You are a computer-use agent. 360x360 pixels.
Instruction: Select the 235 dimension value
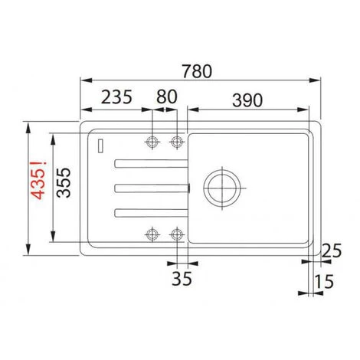[116, 97]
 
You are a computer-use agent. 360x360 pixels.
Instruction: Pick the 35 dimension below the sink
[182, 277]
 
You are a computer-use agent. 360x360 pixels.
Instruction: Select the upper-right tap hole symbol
[178, 142]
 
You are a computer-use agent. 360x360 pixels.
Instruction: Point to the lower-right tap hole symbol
[178, 233]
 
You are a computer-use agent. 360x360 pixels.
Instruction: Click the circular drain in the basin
[221, 187]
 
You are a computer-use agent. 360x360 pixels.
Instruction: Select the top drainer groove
[149, 162]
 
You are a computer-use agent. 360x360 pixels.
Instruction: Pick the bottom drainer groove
[149, 211]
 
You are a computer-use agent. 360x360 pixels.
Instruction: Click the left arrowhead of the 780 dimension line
[83, 79]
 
